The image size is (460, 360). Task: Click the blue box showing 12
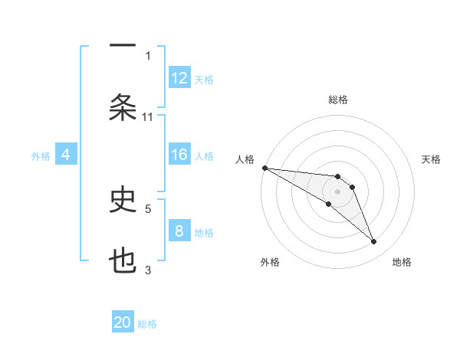pos(179,78)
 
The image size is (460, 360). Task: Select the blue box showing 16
pos(179,155)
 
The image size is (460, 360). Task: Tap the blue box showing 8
pos(179,231)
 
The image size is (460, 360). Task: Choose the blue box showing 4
pos(66,155)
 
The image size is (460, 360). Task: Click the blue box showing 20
pos(123,322)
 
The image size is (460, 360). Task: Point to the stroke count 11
pos(148,116)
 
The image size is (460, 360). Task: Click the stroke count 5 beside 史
pos(148,208)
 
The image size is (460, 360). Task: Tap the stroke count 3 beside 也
pos(148,270)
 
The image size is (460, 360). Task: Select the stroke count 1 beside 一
pos(148,55)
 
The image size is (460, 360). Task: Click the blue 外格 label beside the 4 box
pos(41,155)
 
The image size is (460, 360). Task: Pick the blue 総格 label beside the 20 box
pos(147,324)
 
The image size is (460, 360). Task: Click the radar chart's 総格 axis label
pos(338,100)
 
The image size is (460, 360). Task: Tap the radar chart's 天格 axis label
pos(432,159)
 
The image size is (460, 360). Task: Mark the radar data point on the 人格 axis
pos(264,168)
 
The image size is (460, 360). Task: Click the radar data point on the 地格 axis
pos(374,242)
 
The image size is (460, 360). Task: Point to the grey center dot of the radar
pos(338,191)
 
